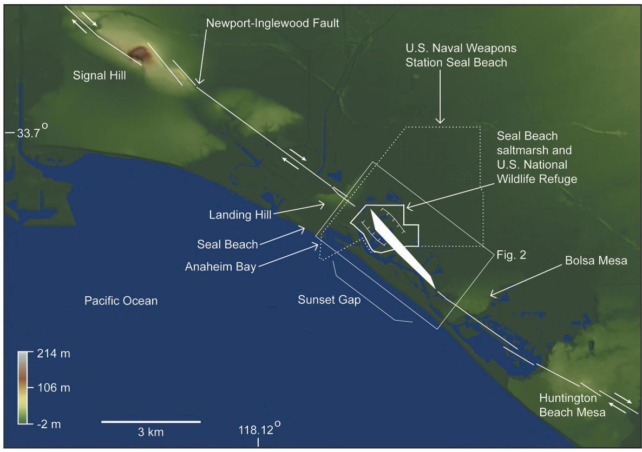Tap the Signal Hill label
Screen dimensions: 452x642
pyautogui.click(x=100, y=76)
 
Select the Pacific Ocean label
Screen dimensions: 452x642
pyautogui.click(x=121, y=301)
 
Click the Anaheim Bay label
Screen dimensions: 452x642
pyautogui.click(x=220, y=267)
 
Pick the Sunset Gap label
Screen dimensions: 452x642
pyautogui.click(x=329, y=300)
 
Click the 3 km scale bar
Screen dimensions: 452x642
pyautogui.click(x=151, y=422)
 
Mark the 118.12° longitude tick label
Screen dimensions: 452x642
pyautogui.click(x=260, y=431)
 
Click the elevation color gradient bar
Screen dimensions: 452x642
pyautogui.click(x=22, y=388)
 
